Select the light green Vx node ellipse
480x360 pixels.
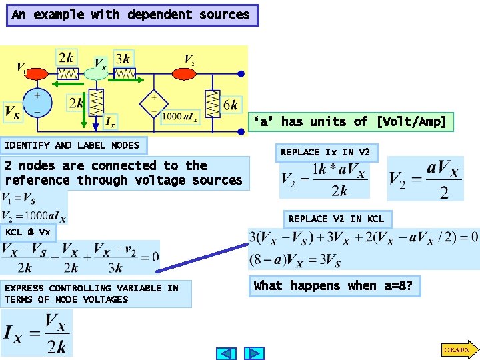(x=96, y=73)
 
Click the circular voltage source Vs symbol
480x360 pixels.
(x=38, y=104)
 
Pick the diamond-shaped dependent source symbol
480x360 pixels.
(x=153, y=103)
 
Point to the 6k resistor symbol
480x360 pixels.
(x=213, y=103)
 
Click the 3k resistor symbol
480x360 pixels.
(x=124, y=73)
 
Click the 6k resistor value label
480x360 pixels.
(x=231, y=105)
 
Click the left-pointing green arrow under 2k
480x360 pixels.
(x=67, y=84)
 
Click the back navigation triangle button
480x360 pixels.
(x=227, y=353)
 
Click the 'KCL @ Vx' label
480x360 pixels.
(x=29, y=233)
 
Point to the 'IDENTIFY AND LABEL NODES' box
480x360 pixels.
(x=73, y=145)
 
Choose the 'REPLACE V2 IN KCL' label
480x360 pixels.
(x=336, y=219)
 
